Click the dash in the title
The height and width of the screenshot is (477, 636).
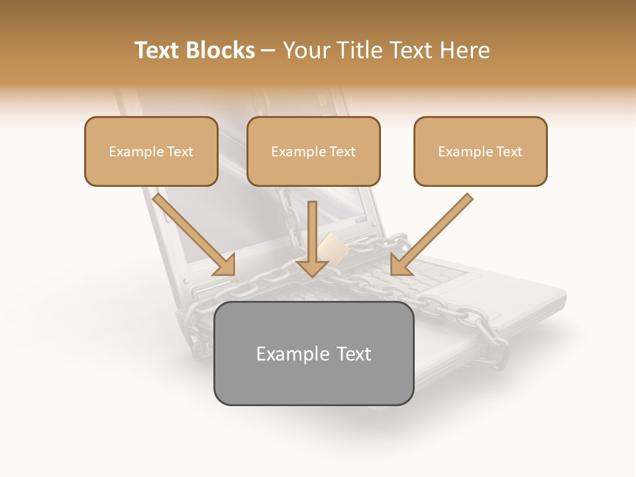[268, 51]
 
